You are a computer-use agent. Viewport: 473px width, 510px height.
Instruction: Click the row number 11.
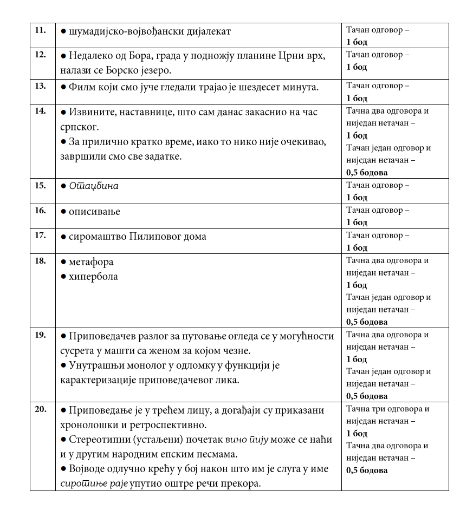[40, 30]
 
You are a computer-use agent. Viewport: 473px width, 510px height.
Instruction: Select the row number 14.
[40, 111]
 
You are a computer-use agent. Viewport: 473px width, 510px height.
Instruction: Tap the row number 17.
[40, 236]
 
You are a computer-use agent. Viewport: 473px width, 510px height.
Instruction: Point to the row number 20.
[40, 409]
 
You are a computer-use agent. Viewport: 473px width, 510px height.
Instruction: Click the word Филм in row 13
[82, 87]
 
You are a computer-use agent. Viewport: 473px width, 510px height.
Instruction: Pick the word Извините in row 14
[92, 113]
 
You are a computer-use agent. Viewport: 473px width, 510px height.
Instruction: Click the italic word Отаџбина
[94, 186]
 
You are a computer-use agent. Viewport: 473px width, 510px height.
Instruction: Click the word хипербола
[93, 277]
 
